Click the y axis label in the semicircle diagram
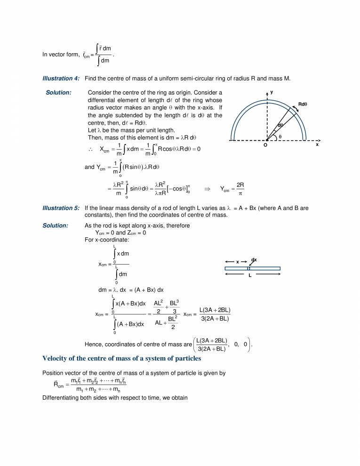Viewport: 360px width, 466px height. (x=272, y=92)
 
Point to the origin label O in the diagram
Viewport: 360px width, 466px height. (x=265, y=145)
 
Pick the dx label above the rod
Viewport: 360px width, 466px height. (x=254, y=260)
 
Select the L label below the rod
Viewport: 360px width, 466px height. (x=250, y=276)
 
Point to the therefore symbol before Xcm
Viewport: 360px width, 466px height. (x=90, y=150)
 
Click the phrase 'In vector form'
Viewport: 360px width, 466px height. (x=59, y=54)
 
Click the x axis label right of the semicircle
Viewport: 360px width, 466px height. (x=317, y=145)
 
